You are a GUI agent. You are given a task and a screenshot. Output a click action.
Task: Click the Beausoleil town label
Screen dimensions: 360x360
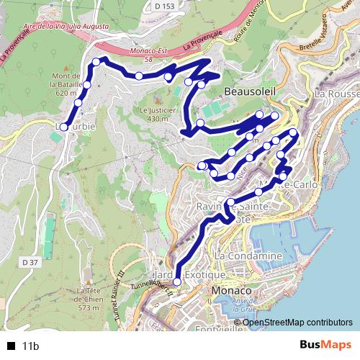[248, 92]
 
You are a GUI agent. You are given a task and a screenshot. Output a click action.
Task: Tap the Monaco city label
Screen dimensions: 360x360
[232, 290]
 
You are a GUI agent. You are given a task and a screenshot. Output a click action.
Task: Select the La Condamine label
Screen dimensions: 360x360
[248, 256]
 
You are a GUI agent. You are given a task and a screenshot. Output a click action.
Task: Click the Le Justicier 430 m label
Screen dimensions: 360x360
[148, 114]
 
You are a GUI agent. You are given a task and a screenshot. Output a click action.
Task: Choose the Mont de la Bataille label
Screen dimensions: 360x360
[65, 84]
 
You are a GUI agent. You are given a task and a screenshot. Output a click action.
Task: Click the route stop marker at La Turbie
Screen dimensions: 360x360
[63, 127]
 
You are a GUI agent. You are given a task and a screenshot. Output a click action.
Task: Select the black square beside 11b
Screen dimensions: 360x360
[10, 346]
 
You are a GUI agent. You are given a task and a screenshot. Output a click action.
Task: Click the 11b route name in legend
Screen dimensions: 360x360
[30, 346]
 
